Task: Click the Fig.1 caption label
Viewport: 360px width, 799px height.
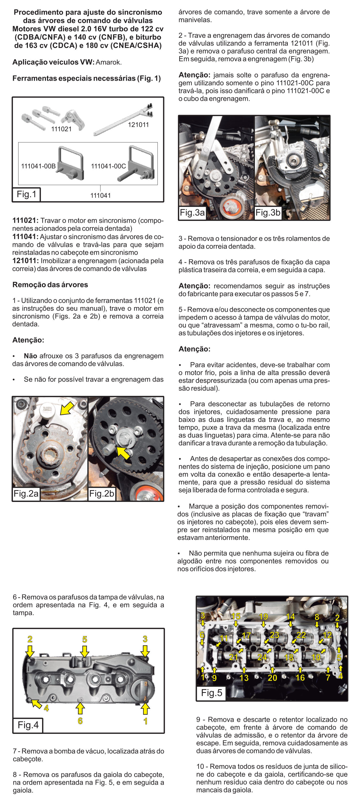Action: [26, 194]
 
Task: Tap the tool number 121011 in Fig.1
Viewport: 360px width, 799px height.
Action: [138, 125]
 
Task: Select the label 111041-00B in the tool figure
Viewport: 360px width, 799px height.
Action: [38, 166]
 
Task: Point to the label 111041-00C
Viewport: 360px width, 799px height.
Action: [108, 166]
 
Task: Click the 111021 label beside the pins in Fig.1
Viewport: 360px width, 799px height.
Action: [61, 129]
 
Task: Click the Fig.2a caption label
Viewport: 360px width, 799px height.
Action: [26, 493]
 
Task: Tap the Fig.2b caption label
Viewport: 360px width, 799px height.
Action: [101, 493]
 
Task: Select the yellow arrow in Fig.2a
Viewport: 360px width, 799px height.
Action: [67, 408]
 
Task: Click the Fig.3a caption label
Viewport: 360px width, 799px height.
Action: [192, 212]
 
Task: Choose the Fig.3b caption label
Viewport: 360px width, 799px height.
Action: [268, 212]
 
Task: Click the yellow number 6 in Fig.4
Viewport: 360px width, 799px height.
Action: [80, 720]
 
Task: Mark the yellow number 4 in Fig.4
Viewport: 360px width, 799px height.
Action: [46, 708]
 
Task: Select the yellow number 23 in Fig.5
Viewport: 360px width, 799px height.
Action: [274, 635]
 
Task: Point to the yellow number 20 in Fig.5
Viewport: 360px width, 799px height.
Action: [272, 678]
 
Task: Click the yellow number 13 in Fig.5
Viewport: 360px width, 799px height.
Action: [244, 678]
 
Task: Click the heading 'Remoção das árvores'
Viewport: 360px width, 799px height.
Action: [50, 284]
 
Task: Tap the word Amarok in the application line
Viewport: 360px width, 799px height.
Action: [108, 62]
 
